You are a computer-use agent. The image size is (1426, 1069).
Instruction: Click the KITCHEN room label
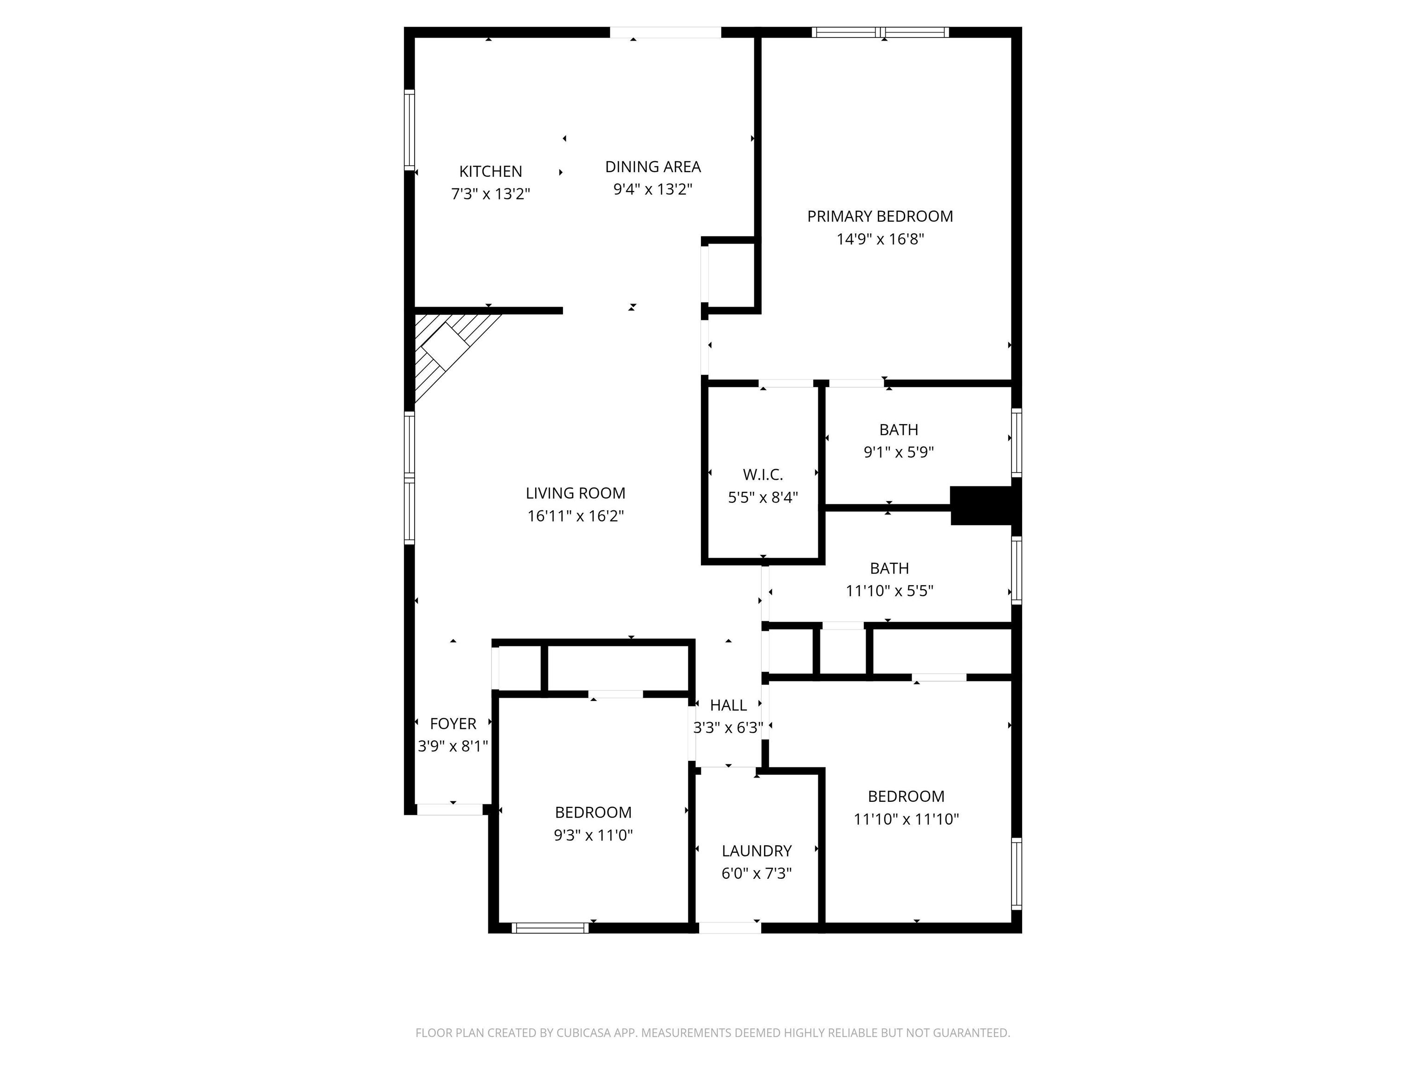491,171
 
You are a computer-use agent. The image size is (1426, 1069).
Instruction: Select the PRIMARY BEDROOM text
880,217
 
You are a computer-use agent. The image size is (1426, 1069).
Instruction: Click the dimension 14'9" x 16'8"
880,239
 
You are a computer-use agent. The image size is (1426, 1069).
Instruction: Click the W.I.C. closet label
763,475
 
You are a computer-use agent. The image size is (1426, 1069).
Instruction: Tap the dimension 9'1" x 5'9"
899,452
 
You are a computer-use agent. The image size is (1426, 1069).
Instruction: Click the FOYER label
453,724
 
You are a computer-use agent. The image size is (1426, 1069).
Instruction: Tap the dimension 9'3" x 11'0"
593,835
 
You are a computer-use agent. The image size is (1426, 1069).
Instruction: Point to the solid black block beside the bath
981,506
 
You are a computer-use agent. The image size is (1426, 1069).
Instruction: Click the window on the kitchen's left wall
409,130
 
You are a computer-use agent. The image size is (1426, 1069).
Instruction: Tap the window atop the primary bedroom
880,32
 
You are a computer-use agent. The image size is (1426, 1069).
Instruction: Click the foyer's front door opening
450,809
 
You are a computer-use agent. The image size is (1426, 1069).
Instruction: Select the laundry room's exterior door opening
730,928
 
